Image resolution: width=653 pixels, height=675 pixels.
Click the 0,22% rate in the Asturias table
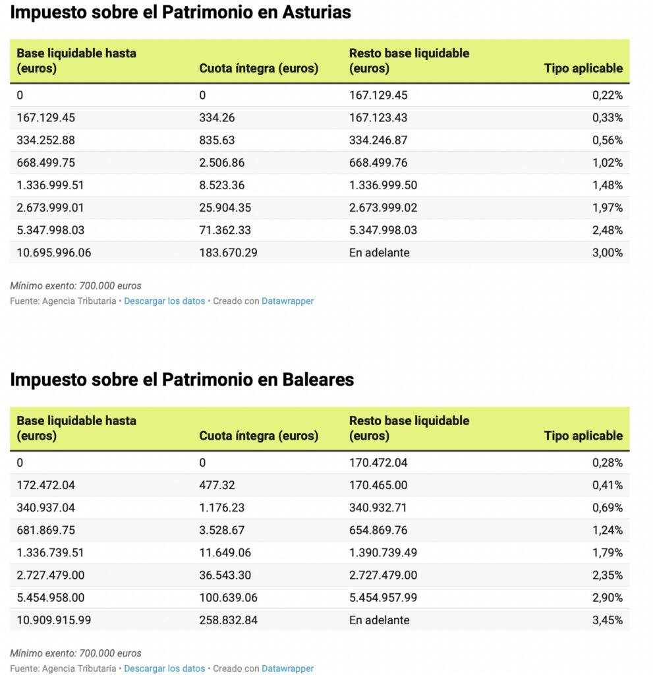607,95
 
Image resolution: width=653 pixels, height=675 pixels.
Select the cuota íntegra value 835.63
217,140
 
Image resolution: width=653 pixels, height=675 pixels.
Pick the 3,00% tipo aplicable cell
607,252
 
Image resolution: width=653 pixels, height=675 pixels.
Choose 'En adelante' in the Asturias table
379,252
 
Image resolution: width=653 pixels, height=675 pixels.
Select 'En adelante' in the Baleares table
379,620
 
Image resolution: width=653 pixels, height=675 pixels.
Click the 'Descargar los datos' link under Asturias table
164,301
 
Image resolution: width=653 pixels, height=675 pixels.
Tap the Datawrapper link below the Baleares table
287,668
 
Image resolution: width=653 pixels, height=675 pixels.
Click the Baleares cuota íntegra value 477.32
217,485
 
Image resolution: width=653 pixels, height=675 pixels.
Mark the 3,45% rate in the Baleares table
607,620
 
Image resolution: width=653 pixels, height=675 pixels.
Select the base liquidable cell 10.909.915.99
54,620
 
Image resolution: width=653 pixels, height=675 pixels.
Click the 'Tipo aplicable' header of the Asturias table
583,68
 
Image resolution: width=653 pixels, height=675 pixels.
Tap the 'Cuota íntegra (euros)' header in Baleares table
258,436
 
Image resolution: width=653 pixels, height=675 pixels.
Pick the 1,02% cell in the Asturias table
607,163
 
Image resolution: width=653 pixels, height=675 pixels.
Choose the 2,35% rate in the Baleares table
607,575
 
